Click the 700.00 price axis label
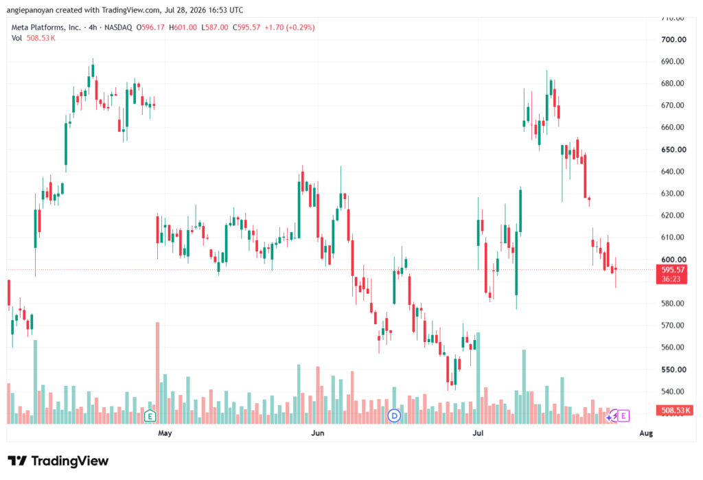pyautogui.click(x=673, y=39)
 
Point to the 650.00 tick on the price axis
pyautogui.click(x=673, y=150)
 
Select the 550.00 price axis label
pyautogui.click(x=673, y=369)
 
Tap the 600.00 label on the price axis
pyautogui.click(x=673, y=260)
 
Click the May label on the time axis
pyautogui.click(x=165, y=433)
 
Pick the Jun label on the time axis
pyautogui.click(x=317, y=433)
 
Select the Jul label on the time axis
pyautogui.click(x=478, y=433)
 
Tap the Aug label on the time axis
pyautogui.click(x=646, y=433)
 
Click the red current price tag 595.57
pyautogui.click(x=673, y=274)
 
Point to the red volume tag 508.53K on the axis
pyautogui.click(x=674, y=410)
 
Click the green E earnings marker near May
pyautogui.click(x=150, y=416)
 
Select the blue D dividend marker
pyautogui.click(x=394, y=416)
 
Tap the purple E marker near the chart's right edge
pyautogui.click(x=623, y=416)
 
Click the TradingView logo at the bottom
pyautogui.click(x=58, y=461)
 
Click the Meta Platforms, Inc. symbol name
pyautogui.click(x=46, y=27)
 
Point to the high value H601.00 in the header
pyautogui.click(x=183, y=27)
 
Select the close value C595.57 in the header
pyautogui.click(x=246, y=27)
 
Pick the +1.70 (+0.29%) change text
pyautogui.click(x=290, y=27)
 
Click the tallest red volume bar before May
pyautogui.click(x=157, y=373)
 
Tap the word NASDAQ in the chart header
pyautogui.click(x=118, y=27)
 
